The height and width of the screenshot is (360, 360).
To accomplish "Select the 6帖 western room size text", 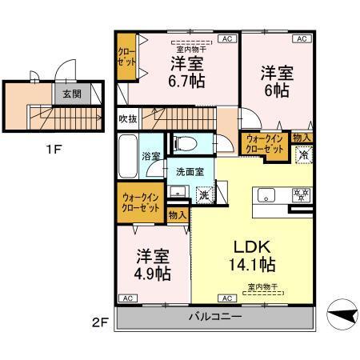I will (x=277, y=90).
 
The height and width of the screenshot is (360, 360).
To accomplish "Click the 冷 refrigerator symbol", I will (x=303, y=156).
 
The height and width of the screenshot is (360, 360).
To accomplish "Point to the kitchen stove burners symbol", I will (x=302, y=194).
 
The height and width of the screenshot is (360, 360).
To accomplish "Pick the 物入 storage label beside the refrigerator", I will (x=302, y=138).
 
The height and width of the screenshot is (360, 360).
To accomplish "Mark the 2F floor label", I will (x=98, y=322).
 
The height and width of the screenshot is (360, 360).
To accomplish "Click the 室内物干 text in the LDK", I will (x=262, y=286).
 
